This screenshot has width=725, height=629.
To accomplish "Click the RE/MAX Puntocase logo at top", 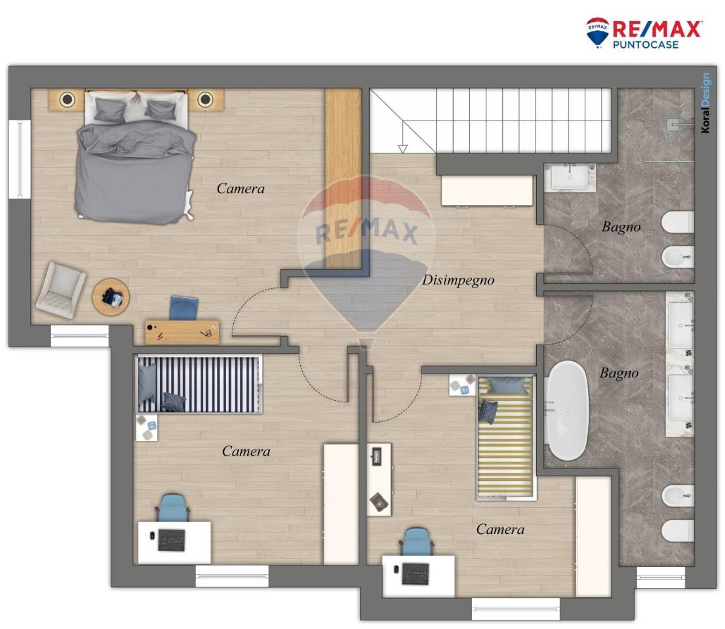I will coord(643,33).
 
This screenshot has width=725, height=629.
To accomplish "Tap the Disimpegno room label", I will coord(458,280).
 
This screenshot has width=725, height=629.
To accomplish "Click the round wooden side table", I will coord(111,297).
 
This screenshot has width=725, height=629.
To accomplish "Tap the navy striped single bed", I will coord(199,384).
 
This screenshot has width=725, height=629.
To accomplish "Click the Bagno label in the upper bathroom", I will coord(621,227).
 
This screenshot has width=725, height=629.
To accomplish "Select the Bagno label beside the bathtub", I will coord(619,373).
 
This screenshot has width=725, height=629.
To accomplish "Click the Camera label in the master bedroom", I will coord(241,189).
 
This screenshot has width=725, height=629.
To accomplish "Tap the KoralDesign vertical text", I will coord(705,103).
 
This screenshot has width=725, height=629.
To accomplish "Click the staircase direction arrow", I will coord(402,148).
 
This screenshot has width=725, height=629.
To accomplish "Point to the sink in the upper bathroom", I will coord(569,177).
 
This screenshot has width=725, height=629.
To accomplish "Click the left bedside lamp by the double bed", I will coord(68,100).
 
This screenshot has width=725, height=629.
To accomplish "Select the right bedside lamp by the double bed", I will coord(206,100).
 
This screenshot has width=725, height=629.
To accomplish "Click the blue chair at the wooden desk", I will coord(184,307).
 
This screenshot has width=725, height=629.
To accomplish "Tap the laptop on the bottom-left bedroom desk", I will coord(172,541).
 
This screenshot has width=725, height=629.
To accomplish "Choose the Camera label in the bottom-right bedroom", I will coord(500,529).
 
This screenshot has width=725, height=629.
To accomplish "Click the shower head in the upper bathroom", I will coord(674,123).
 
